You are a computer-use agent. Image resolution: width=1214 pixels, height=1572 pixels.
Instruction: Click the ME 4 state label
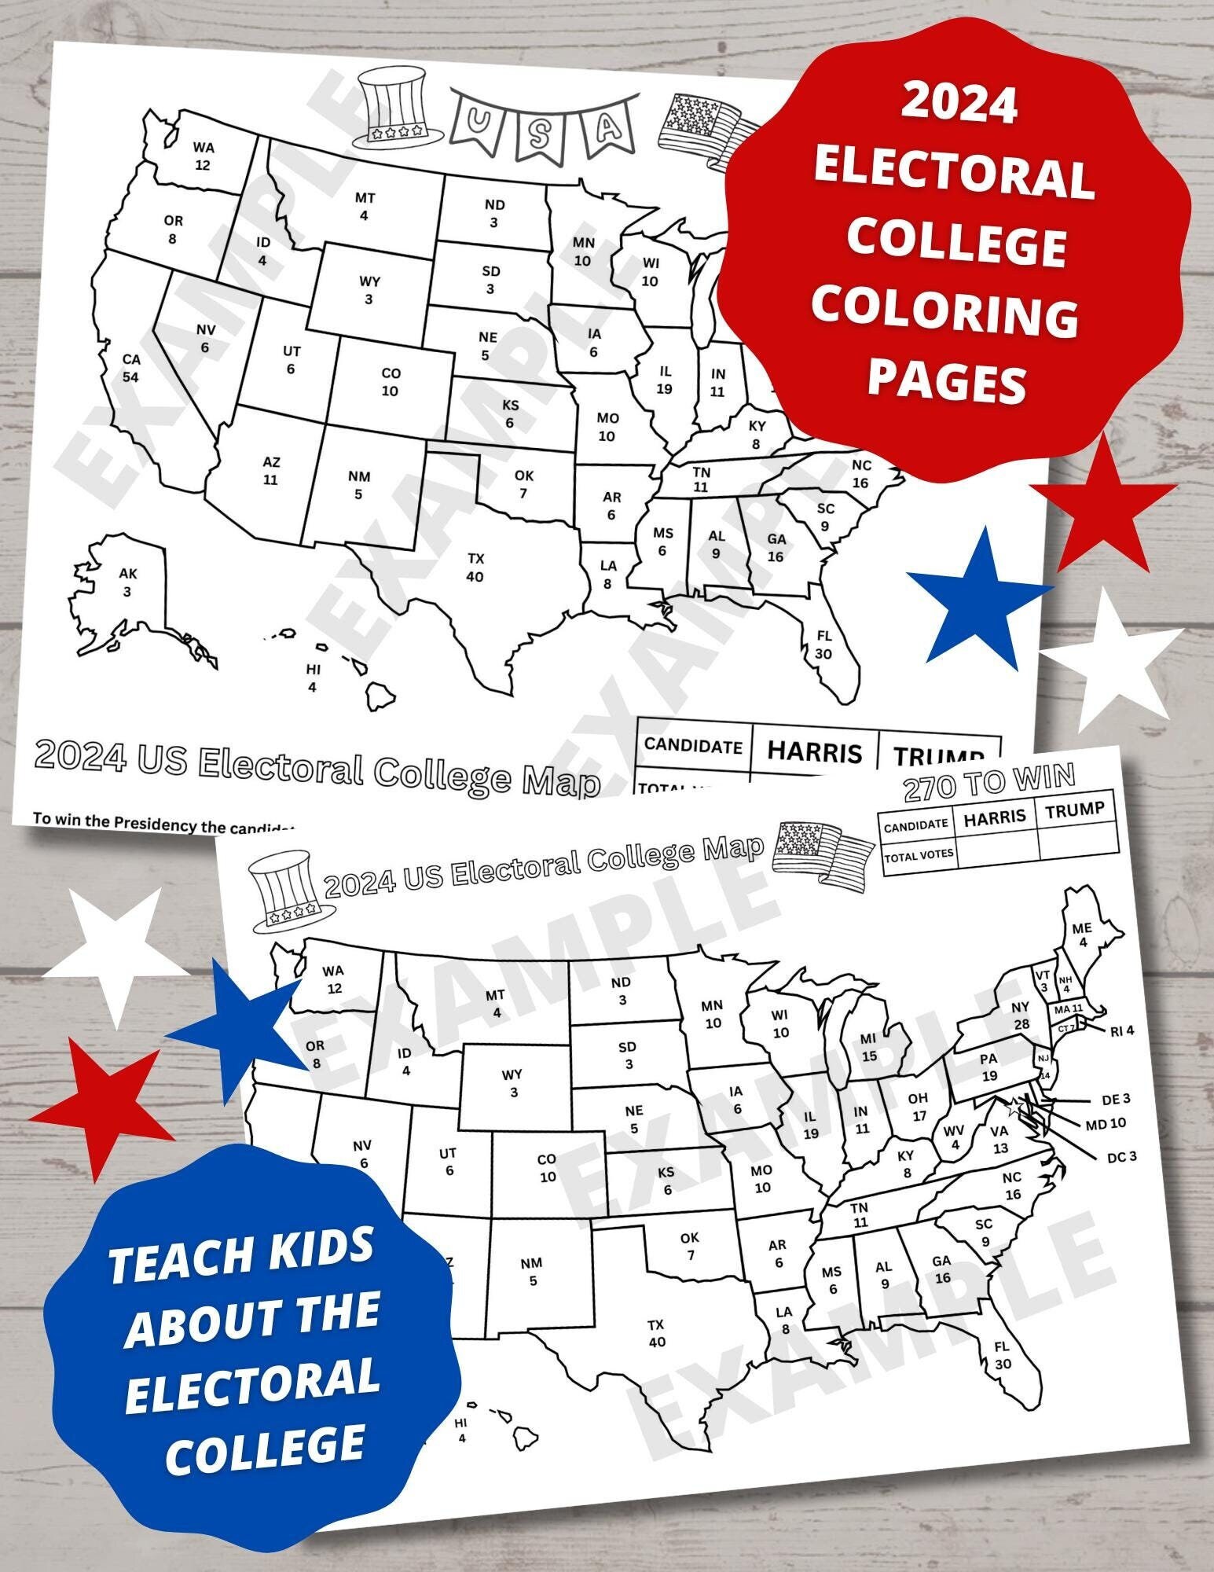(1082, 935)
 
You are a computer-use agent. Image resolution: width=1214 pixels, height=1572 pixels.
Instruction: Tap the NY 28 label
(1020, 1016)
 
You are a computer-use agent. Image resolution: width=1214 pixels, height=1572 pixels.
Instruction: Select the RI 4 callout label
(1122, 1030)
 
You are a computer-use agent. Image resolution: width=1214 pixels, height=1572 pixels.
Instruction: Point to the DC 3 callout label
(1121, 1156)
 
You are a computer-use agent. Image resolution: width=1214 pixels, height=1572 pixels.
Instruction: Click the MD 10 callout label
(1106, 1125)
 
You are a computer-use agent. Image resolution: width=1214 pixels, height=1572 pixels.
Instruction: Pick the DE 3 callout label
(1115, 1099)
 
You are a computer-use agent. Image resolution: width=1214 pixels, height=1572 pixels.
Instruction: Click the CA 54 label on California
(130, 368)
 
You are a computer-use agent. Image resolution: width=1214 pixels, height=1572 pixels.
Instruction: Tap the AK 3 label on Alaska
(127, 582)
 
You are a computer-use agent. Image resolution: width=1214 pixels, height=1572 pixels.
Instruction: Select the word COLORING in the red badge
(945, 315)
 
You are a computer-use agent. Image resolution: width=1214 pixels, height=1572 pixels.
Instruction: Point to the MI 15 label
(868, 1048)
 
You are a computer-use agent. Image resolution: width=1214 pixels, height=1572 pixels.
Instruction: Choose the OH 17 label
(918, 1107)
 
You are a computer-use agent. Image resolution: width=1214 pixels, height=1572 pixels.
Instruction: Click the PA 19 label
(988, 1067)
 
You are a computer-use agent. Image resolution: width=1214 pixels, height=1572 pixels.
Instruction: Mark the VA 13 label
(999, 1140)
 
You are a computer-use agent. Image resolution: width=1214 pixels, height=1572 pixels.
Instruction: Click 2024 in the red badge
(959, 105)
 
